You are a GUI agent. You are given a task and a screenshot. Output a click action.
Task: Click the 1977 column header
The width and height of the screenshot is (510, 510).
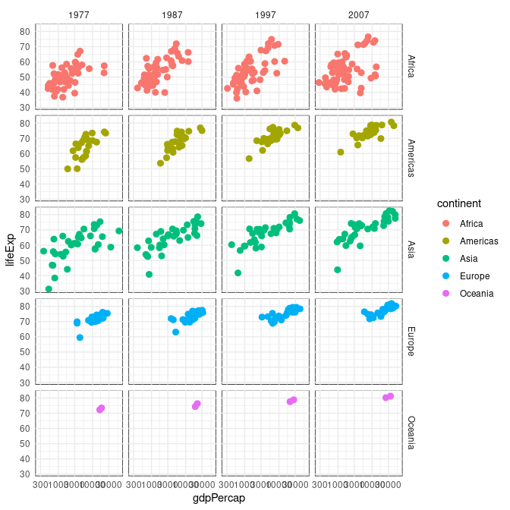click(80, 15)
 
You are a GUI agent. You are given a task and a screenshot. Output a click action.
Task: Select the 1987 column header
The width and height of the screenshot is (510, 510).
click(173, 15)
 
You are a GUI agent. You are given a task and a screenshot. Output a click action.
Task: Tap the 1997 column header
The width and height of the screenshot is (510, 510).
click(266, 15)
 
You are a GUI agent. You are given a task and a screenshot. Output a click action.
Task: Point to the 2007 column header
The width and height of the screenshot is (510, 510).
click(359, 15)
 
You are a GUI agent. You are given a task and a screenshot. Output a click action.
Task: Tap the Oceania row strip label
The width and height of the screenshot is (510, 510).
click(411, 434)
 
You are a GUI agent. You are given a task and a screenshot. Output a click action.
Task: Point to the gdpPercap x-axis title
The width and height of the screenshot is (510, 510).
click(219, 499)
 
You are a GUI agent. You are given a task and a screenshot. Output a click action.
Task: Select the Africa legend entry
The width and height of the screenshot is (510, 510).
click(473, 223)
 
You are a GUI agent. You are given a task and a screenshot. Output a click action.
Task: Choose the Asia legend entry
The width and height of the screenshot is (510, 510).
click(471, 258)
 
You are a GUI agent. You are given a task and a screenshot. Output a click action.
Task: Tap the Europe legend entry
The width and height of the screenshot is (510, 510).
click(474, 276)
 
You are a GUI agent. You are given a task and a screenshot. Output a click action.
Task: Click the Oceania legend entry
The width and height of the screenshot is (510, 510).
click(477, 294)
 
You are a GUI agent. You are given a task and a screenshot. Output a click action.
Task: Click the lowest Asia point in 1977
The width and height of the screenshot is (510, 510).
click(49, 289)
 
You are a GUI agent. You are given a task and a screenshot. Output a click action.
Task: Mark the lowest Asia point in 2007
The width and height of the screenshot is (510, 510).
click(337, 270)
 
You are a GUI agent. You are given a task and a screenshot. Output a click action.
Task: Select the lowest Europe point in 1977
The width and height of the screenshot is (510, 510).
click(80, 337)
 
